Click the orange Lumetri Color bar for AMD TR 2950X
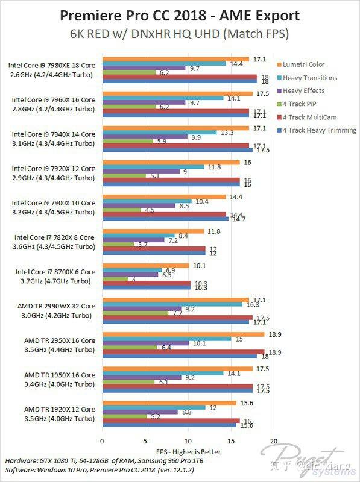[183, 334]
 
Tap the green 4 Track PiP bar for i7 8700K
[115, 278]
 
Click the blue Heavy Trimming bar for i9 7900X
[165, 219]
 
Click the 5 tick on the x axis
[145, 440]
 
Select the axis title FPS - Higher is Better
[188, 451]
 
